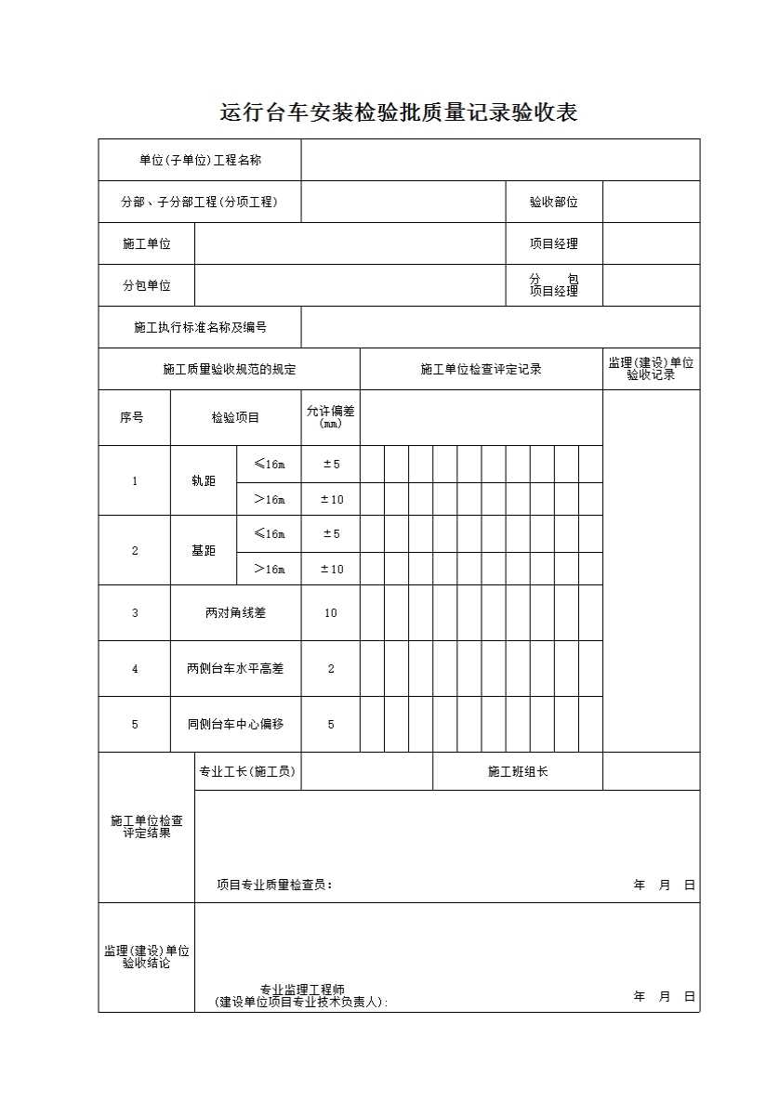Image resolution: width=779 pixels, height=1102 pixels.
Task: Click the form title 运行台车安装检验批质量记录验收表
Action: coord(398,113)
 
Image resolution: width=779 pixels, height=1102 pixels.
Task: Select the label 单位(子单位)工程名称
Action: coord(200,160)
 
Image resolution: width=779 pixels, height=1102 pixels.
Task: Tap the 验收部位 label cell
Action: coord(554,202)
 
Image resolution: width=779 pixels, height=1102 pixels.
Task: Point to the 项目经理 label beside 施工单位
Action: coord(554,243)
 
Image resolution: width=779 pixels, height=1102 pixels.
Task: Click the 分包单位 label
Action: coord(147,285)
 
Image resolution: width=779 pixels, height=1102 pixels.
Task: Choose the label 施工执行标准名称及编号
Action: coord(200,327)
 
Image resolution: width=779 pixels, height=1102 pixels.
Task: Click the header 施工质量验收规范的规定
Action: coord(229,369)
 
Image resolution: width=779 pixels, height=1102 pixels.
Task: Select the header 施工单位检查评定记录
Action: coord(481,369)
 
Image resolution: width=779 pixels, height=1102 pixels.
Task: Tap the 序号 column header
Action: coord(134,417)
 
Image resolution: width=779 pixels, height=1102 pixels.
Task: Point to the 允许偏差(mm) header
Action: coord(331,417)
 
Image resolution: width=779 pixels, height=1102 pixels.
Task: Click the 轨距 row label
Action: coord(203,480)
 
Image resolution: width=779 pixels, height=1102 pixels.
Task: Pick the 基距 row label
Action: coord(203,550)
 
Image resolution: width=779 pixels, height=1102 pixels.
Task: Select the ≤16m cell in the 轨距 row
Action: coord(270,464)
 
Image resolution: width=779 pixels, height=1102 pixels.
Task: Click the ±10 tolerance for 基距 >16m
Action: coord(331,569)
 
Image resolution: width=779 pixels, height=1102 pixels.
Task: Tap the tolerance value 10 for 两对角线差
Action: coord(331,612)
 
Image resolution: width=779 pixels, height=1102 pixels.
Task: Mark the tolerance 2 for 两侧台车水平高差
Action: coord(331,668)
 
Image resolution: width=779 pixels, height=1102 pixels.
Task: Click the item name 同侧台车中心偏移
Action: coord(235,724)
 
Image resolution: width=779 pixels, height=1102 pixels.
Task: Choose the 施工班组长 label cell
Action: coord(518,771)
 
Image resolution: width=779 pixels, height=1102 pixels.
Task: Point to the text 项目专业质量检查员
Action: coord(273,885)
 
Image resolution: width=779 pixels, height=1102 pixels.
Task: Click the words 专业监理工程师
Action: coord(302,990)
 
